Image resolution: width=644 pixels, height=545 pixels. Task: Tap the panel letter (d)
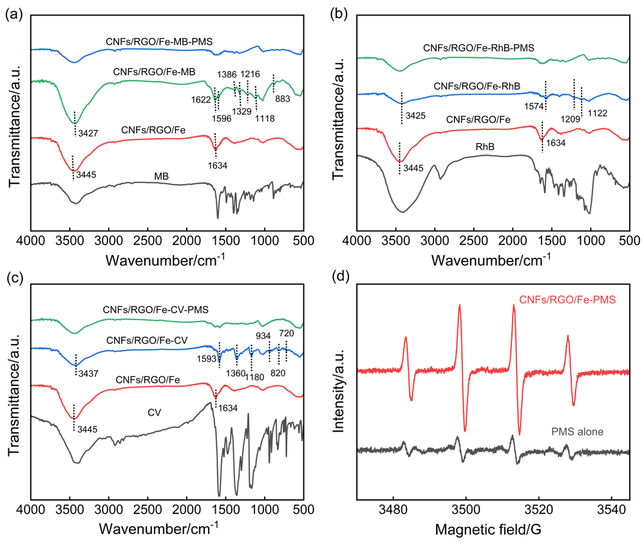[x=339, y=279]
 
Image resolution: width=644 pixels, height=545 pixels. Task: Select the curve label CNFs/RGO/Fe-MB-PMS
[x=160, y=42]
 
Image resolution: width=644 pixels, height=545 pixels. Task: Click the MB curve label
[x=162, y=175]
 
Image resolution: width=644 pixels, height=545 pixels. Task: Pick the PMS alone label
[x=578, y=432]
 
